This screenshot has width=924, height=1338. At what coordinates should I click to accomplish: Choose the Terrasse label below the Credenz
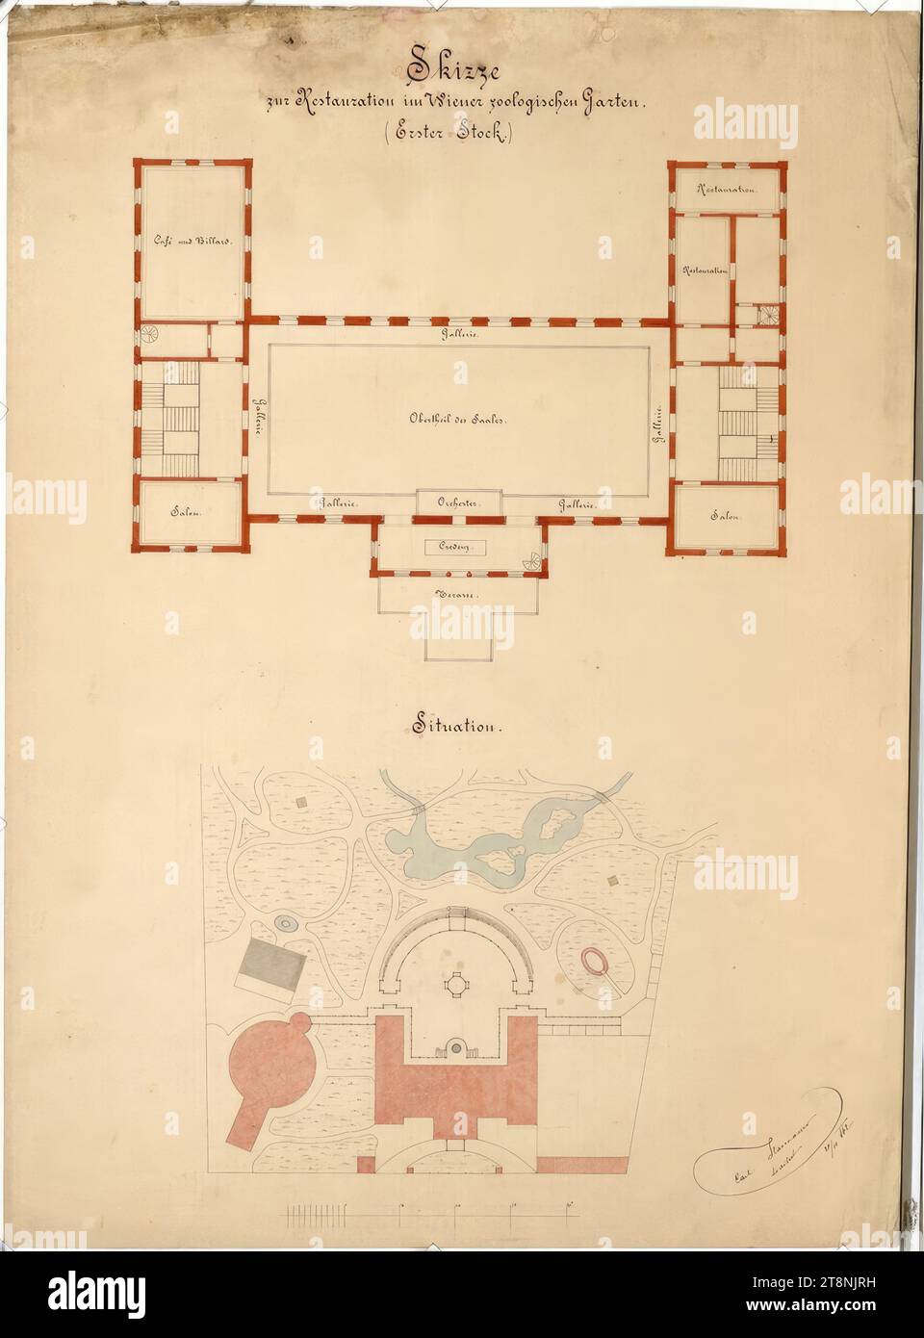point(457,591)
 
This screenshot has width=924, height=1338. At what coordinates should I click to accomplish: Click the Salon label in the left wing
point(191,511)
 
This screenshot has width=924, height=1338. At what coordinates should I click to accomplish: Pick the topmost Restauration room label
point(727,191)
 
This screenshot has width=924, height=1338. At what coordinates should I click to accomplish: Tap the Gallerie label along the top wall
point(456,334)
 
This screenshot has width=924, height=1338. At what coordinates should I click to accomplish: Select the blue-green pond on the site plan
point(471,843)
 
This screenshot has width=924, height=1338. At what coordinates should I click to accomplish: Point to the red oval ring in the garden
point(595,961)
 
